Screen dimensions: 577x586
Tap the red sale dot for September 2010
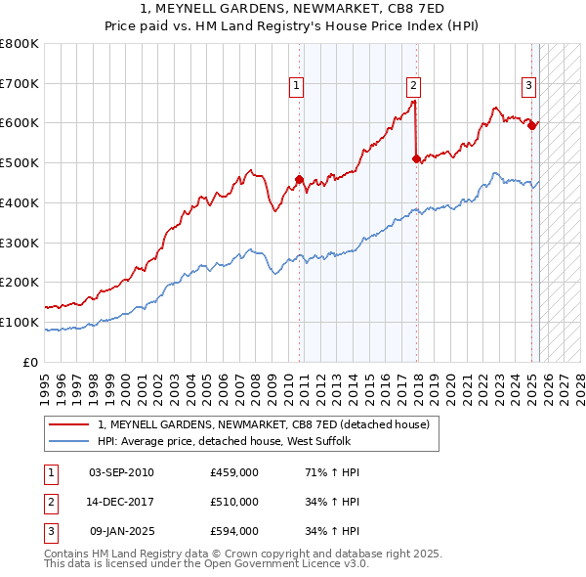299,179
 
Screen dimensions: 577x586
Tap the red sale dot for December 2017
417,158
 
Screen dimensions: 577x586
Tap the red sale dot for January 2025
532,124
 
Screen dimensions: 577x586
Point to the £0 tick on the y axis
31,362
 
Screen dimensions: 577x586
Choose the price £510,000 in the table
234,503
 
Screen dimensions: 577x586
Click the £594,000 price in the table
234,532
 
